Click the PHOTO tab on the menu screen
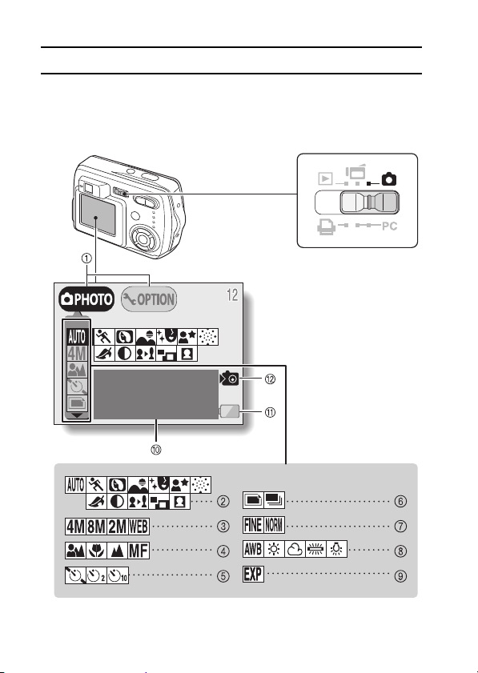point(86,299)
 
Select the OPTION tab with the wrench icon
point(149,299)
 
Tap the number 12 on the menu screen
point(232,295)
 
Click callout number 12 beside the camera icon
point(270,379)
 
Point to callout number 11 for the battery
point(270,412)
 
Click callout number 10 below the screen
point(156,450)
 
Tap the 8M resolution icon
point(96,527)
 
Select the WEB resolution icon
point(139,527)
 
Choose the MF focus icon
point(139,551)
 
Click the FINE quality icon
point(253,525)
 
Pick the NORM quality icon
point(274,525)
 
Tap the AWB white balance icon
point(253,550)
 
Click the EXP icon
point(253,575)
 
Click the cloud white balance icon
point(295,550)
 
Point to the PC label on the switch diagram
point(390,226)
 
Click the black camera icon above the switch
point(389,178)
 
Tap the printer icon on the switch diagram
point(327,226)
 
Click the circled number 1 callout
point(86,258)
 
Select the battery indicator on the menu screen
point(229,411)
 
